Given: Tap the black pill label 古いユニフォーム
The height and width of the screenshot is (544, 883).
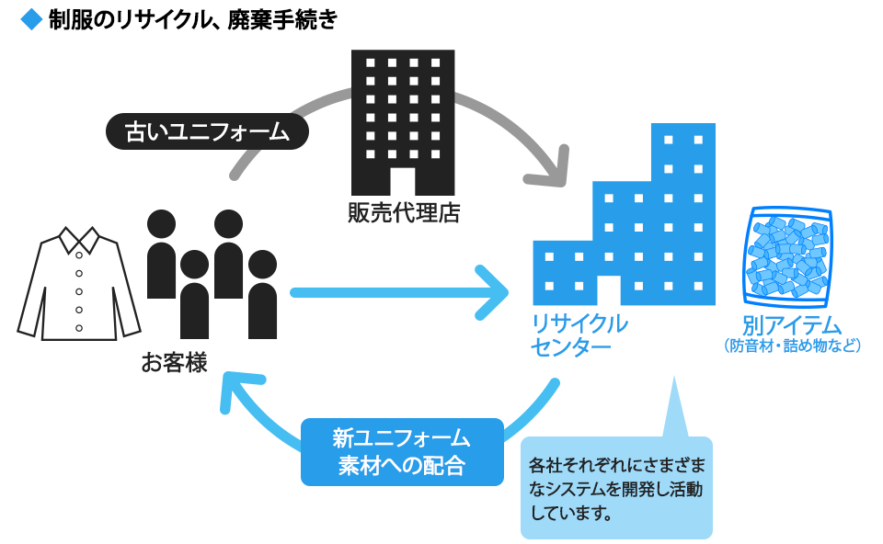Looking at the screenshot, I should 207,131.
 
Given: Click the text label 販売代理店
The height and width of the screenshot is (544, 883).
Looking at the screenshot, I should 403,213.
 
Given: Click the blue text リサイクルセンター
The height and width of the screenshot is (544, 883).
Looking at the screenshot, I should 579,335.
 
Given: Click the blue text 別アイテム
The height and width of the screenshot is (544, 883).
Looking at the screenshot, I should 792,325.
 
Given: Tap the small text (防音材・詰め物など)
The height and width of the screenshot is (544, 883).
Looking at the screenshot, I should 792,346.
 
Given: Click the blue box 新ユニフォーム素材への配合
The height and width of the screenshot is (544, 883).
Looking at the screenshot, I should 402,451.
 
